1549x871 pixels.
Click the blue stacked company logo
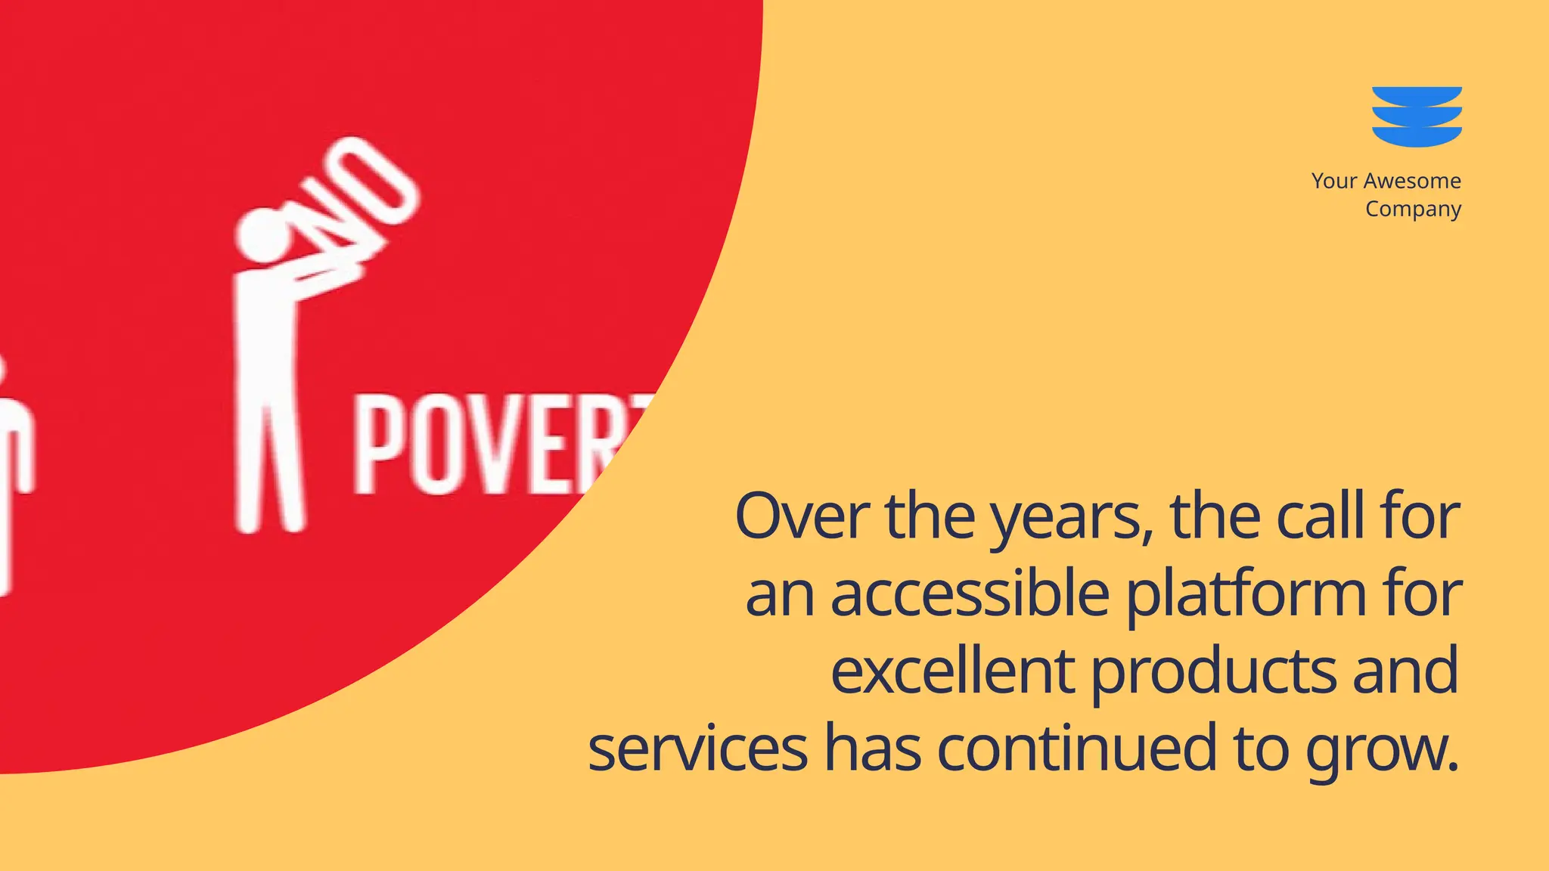(1417, 116)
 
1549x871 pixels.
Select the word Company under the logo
(1413, 209)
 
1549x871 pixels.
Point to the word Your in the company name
(1333, 181)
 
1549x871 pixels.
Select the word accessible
(970, 594)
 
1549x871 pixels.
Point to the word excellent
(952, 671)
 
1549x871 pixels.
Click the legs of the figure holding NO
(269, 469)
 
